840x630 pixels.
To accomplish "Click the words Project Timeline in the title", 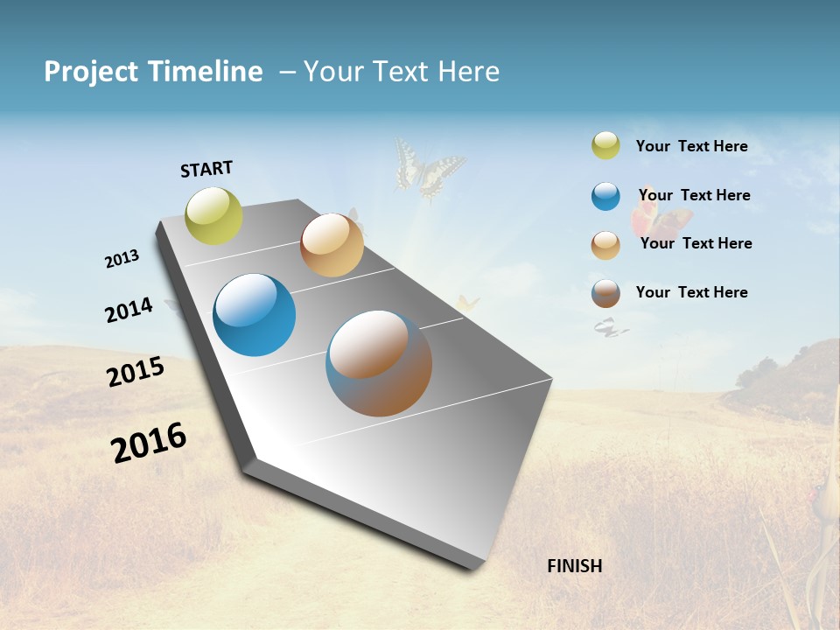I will point(153,72).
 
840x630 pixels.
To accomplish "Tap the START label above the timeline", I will point(206,169).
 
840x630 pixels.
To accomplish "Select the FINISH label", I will point(574,566).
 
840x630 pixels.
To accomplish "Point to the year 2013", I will point(122,259).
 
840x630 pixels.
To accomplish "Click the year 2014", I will point(129,310).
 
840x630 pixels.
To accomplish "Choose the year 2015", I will point(136,372).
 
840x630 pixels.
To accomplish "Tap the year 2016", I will point(149,443).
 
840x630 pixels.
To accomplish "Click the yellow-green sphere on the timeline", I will point(213,216).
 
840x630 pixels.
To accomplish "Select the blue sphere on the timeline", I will point(254,315).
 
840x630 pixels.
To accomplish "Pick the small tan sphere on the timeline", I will point(332,245).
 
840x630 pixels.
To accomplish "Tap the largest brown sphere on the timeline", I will point(379,363).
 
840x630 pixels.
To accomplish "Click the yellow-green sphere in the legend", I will point(605,146).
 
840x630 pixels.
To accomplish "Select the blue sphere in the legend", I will point(605,196).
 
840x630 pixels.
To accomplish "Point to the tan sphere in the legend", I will point(605,245).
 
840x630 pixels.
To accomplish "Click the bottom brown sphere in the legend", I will point(605,293).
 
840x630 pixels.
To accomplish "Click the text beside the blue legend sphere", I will point(694,195).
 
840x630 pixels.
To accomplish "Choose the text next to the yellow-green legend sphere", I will point(691,146).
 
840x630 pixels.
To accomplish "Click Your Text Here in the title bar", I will point(402,72).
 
